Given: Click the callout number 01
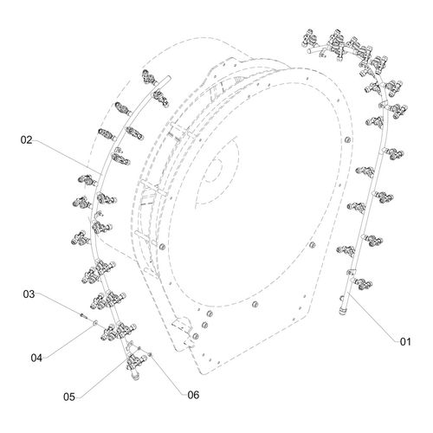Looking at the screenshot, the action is [x=405, y=342].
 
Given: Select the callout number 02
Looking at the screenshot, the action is [x=26, y=140].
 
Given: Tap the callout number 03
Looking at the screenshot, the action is [x=29, y=294].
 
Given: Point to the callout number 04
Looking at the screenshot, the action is [x=36, y=358].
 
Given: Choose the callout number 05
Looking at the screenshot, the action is [x=69, y=397].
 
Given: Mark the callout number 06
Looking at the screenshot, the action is [x=193, y=395].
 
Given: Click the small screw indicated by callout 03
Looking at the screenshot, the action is [x=82, y=315].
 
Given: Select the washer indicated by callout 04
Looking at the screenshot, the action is [x=94, y=322].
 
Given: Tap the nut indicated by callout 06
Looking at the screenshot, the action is [x=150, y=354].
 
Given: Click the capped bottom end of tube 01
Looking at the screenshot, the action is [x=343, y=311].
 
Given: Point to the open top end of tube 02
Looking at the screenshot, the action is [x=168, y=78].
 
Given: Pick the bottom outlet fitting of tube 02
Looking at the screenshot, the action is [x=135, y=375].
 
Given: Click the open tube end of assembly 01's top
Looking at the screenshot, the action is [x=308, y=51].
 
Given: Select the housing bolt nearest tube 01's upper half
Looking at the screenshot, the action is [x=348, y=139].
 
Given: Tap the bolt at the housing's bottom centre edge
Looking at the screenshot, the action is [x=255, y=304].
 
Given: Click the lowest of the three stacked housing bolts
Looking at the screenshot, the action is [x=196, y=336].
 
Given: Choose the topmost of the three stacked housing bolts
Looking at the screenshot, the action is [x=210, y=313].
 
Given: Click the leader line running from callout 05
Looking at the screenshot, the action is [x=105, y=378].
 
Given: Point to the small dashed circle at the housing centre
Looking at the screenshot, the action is [x=215, y=171].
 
